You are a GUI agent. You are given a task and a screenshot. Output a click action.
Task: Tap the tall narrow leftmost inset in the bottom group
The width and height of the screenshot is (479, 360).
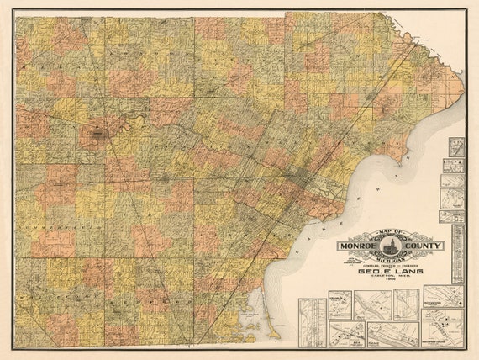[x=313, y=321]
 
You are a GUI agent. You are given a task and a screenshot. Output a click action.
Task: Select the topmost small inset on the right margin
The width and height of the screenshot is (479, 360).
[x=455, y=148]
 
